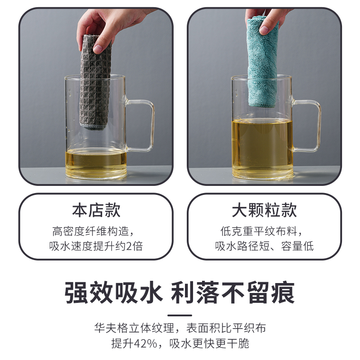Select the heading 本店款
96,211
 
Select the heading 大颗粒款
264,211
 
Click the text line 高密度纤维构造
96,232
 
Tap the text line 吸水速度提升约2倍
96,246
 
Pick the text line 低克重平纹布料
264,232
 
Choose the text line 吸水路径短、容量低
264,246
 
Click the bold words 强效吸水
113,293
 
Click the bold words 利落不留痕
233,293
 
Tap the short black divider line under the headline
180,315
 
